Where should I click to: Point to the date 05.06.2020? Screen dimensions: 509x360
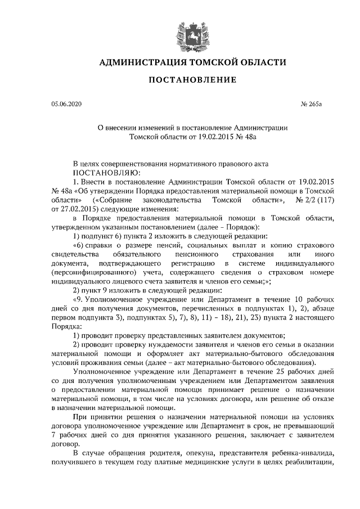[66, 105]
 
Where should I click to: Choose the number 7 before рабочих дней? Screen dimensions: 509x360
[53, 436]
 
